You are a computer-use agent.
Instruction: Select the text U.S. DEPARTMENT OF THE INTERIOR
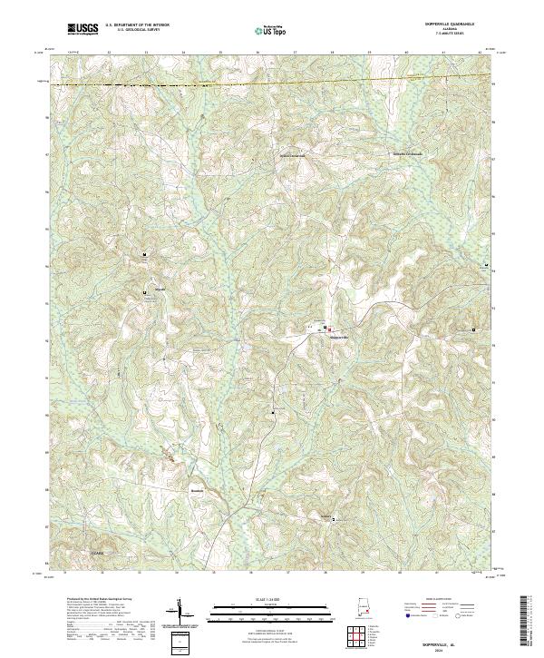click(x=137, y=25)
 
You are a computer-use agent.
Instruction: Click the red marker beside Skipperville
click(x=330, y=329)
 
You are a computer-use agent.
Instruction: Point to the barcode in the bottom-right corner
click(x=526, y=622)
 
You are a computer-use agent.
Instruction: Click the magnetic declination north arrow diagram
click(x=181, y=613)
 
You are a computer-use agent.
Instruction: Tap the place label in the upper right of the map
click(x=407, y=153)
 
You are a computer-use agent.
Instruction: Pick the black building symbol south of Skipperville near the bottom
click(x=333, y=520)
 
